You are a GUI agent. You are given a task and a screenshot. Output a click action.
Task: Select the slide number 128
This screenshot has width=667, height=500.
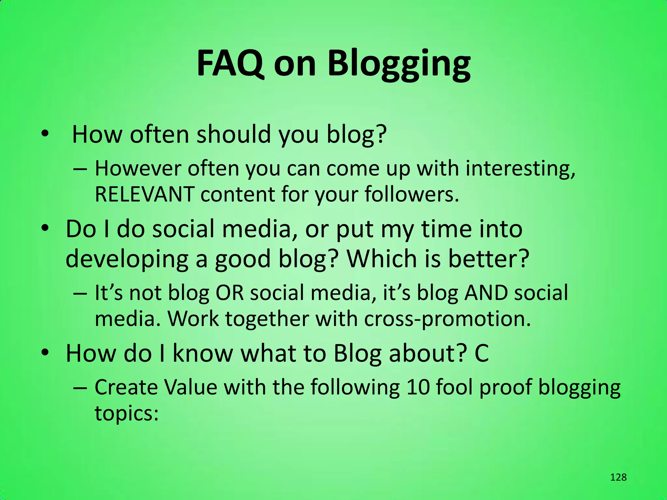[x=618, y=477]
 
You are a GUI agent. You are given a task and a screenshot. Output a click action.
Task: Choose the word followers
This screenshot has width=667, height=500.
[x=411, y=194]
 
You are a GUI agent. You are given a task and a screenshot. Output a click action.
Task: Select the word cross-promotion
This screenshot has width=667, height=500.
[x=447, y=319]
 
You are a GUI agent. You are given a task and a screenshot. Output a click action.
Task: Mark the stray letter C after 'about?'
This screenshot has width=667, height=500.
[x=481, y=354]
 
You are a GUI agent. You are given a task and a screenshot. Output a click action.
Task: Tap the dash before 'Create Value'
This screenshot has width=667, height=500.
[x=80, y=388]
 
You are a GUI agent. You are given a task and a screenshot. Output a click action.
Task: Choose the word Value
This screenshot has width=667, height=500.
[x=191, y=387]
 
